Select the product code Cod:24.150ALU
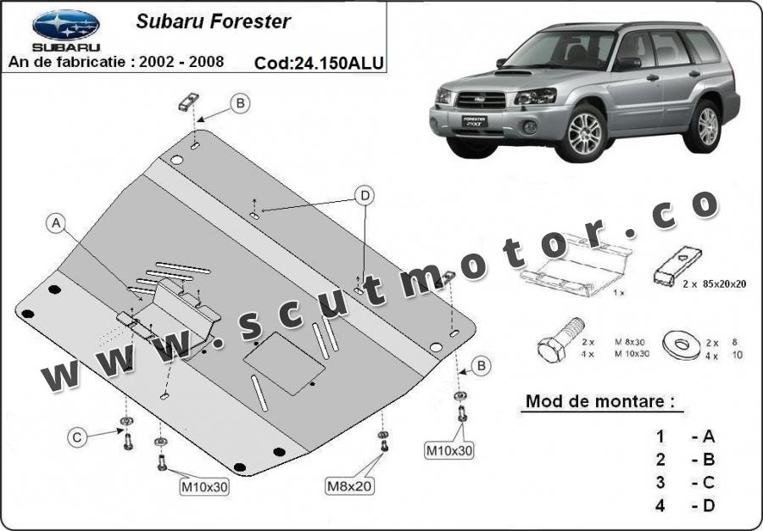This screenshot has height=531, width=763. click(x=319, y=63)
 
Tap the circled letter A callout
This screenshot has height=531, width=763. click(x=57, y=223)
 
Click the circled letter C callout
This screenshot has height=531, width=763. click(x=77, y=438)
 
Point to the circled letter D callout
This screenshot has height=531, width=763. click(x=365, y=196)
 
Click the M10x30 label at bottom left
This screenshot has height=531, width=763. click(x=203, y=487)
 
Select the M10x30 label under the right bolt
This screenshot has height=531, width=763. click(x=449, y=451)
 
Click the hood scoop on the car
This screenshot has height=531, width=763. click(x=513, y=74)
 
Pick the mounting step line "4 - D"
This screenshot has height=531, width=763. click(x=686, y=506)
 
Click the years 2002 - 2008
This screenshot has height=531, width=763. click(x=181, y=62)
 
